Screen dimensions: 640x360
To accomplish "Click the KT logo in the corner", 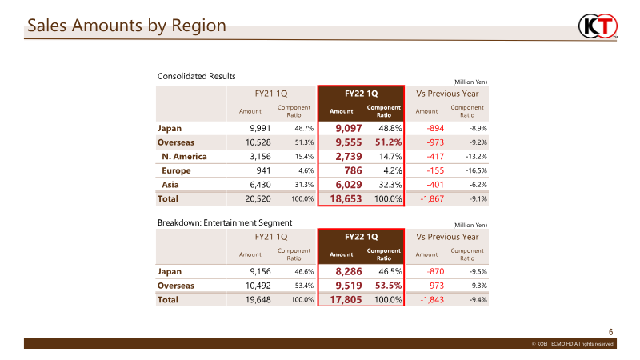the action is [x=598, y=26].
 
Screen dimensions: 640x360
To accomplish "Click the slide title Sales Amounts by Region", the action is [x=126, y=26].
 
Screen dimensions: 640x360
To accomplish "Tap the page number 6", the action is [x=610, y=332].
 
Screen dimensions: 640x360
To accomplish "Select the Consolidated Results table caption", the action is [x=196, y=76].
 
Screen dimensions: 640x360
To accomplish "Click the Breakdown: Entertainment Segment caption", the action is [x=225, y=223].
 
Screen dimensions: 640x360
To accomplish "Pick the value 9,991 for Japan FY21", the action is [x=260, y=128].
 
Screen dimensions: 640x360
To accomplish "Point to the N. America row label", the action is [x=184, y=156].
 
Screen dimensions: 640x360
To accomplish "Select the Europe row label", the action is [x=176, y=170].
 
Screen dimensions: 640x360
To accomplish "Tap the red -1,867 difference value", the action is [x=432, y=198].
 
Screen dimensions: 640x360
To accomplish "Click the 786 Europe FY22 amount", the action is [x=353, y=170].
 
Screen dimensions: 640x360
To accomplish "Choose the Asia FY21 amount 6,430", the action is [x=260, y=185].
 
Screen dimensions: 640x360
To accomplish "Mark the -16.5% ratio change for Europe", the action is [x=476, y=170].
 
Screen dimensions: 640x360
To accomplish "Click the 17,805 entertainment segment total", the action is [x=346, y=299].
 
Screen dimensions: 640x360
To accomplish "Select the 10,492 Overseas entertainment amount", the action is [x=258, y=286].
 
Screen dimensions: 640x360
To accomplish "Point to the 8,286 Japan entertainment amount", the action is [x=349, y=271].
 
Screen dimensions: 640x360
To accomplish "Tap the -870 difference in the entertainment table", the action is [x=435, y=271].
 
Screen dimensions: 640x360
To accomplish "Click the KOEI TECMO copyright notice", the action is [x=573, y=344].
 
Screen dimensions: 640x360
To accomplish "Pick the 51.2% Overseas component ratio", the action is [x=388, y=142].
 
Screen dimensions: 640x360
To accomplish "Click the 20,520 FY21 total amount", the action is [x=258, y=198].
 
